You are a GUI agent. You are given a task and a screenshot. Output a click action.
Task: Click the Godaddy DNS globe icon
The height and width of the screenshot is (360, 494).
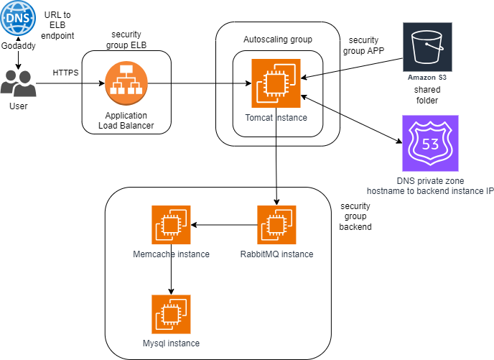tap(19, 19)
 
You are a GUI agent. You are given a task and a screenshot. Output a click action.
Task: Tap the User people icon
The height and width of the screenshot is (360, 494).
tap(19, 83)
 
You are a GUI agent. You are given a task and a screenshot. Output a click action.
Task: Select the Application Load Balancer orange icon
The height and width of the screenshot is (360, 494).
tap(126, 83)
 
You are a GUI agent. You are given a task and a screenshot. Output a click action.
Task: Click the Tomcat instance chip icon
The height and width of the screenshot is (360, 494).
tap(276, 83)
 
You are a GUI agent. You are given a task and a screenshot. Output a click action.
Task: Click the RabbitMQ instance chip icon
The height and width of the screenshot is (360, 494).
tap(276, 225)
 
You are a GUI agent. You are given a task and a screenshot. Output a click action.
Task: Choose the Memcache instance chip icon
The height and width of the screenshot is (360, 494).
tap(172, 225)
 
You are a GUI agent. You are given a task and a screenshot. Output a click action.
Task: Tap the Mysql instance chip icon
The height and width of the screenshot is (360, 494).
tap(172, 314)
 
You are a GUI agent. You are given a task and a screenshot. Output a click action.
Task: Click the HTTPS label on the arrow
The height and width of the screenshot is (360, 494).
tap(66, 73)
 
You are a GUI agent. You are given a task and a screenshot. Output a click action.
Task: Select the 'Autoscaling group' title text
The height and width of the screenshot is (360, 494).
tap(277, 39)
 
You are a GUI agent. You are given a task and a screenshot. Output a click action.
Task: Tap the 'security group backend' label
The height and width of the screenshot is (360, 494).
tap(356, 216)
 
